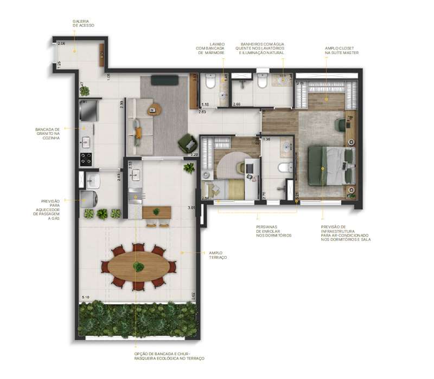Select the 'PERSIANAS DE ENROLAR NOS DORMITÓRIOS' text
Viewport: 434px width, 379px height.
(273, 231)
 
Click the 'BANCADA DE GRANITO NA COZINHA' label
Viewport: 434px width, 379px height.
(47, 133)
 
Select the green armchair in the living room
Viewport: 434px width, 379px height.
(187, 143)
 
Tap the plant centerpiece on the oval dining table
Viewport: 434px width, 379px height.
(139, 266)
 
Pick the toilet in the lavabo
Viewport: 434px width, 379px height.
(211, 82)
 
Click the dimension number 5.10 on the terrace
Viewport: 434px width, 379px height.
(85, 298)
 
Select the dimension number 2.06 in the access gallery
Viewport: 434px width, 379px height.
(61, 43)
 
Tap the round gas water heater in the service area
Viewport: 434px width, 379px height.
(88, 198)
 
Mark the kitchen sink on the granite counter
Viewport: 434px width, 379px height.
(86, 143)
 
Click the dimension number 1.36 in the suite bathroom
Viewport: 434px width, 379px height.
(266, 140)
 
